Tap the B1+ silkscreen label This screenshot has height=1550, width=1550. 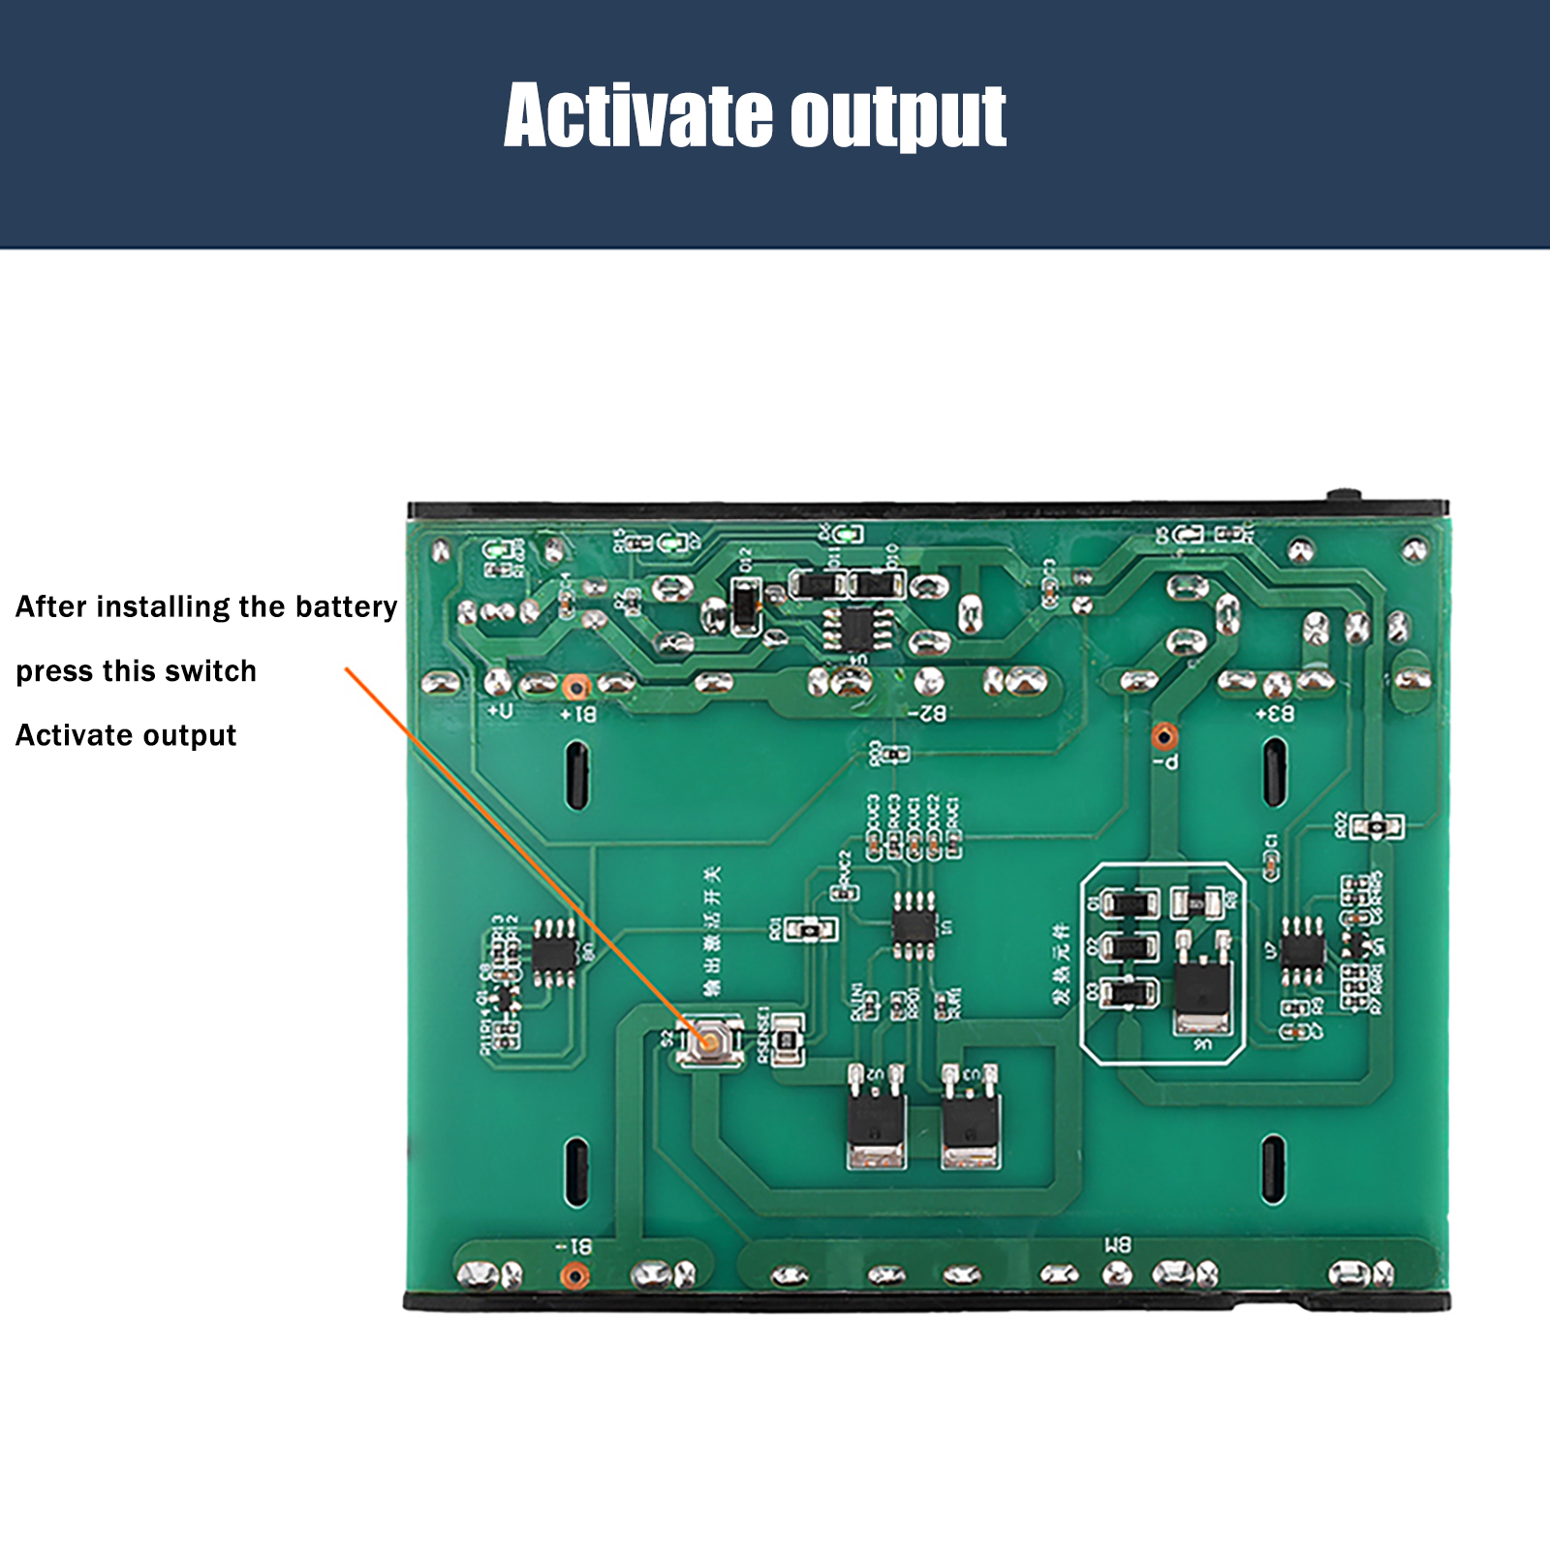579,714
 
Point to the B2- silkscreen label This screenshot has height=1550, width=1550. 927,714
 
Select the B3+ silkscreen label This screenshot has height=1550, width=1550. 1275,714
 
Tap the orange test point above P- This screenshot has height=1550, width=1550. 1165,735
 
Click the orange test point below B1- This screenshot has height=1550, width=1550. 574,1276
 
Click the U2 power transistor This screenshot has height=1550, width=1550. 877,1124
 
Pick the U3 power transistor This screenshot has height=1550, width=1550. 971,1124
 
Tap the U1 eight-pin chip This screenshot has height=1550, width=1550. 914,926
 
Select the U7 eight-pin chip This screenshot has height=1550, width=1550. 1303,949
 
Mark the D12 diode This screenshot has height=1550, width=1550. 745,606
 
